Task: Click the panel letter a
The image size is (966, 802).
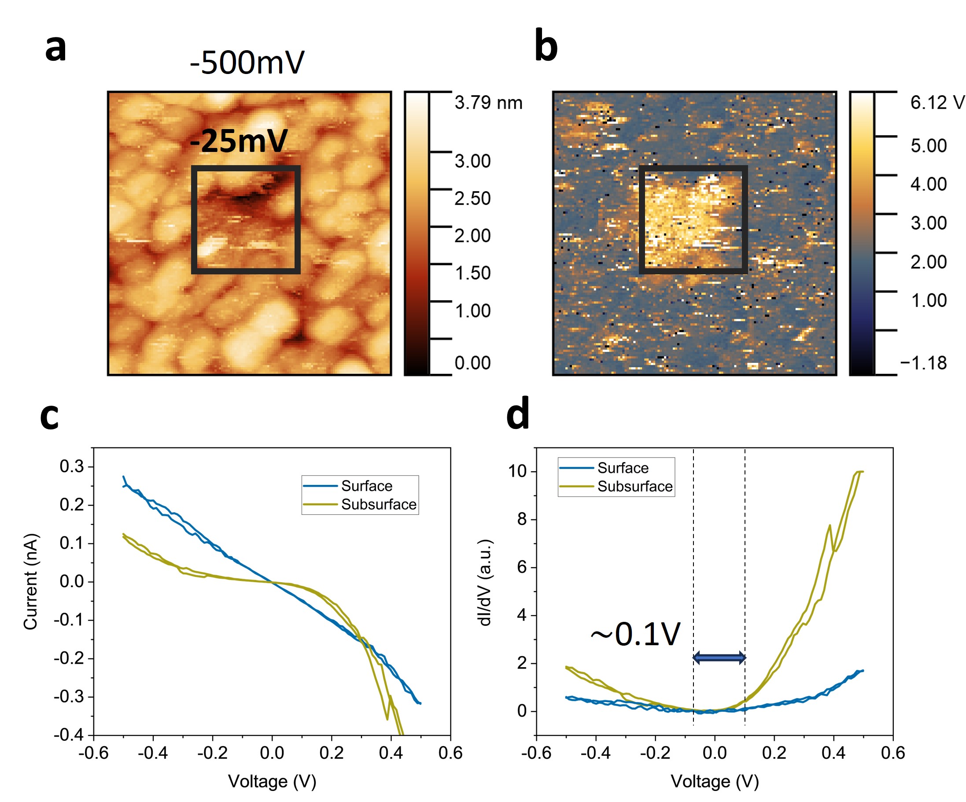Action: point(55,48)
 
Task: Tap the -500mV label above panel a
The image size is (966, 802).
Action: point(247,63)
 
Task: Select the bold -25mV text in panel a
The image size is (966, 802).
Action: point(239,141)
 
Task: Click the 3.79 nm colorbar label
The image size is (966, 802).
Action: point(489,103)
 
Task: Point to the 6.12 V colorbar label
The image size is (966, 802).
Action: point(937,103)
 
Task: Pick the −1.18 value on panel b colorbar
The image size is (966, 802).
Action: point(924,363)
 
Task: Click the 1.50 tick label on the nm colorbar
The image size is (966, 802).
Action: point(472,273)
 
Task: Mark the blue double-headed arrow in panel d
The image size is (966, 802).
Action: point(719,658)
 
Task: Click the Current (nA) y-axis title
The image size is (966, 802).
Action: point(31,582)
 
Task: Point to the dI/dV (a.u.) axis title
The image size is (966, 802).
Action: point(485,583)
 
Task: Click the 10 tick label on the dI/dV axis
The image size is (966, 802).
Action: point(517,471)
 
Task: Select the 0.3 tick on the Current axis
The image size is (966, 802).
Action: point(72,466)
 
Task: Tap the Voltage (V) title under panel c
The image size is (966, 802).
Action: point(272,781)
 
